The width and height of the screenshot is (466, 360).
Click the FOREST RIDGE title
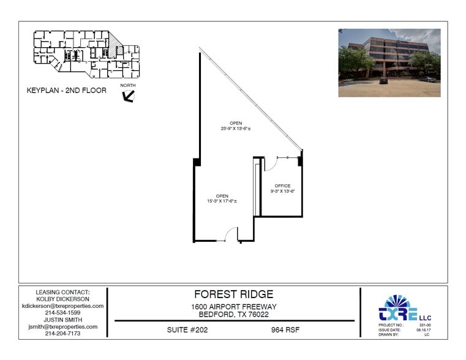point(233,294)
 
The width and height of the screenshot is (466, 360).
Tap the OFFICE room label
point(282,186)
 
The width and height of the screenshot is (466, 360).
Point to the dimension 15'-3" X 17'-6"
point(222,201)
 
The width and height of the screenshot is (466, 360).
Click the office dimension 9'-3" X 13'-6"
point(282,191)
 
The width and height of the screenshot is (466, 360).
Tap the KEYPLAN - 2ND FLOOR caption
point(67,91)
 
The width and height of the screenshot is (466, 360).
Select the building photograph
point(389,62)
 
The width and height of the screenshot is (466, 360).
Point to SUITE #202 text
point(188,330)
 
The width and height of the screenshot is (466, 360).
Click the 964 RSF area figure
point(285,330)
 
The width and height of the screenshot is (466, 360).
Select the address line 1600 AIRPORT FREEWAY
point(234,307)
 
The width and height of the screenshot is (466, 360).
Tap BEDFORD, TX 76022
point(234,315)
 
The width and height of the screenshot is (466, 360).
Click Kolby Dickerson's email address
point(62,306)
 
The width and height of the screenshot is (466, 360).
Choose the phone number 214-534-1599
point(62,313)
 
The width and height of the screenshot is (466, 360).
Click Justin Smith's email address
point(62,327)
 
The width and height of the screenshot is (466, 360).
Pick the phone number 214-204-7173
point(62,334)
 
